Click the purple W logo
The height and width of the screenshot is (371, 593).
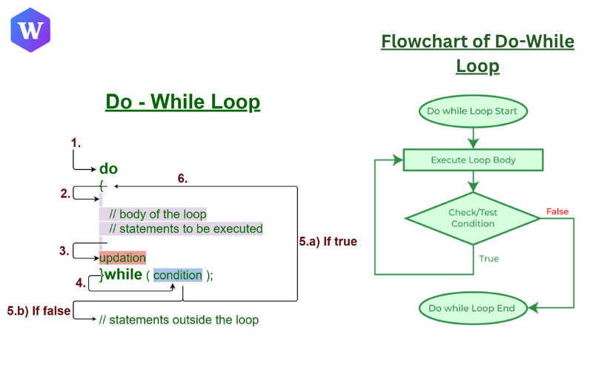[31, 30]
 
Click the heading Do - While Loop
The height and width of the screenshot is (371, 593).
[182, 102]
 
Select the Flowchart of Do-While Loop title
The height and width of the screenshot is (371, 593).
[477, 53]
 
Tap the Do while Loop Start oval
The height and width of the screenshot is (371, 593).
[473, 111]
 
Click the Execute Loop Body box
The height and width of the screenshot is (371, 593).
[473, 160]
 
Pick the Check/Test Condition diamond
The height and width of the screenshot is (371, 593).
[472, 218]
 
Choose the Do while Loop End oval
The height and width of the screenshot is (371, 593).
[473, 307]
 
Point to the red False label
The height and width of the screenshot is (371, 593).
[557, 212]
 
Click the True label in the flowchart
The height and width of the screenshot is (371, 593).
[488, 259]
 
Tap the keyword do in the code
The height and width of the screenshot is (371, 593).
[108, 168]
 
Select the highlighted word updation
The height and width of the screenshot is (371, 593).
[122, 257]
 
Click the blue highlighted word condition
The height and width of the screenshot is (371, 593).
[177, 275]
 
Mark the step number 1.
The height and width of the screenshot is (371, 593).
[74, 142]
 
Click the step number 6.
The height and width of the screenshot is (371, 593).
[182, 178]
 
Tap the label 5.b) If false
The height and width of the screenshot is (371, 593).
[39, 310]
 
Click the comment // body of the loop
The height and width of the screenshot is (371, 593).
[157, 214]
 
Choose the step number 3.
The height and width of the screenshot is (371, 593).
[64, 251]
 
